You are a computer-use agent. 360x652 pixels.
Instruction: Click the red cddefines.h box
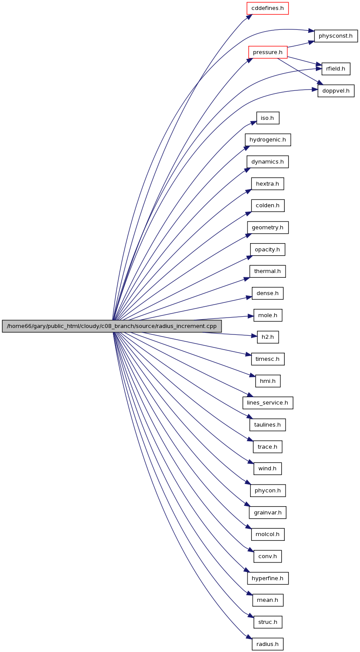pyautogui.click(x=267, y=8)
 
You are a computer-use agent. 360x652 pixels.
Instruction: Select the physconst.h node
pyautogui.click(x=336, y=36)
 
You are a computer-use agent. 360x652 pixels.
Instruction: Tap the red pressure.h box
pyautogui.click(x=268, y=52)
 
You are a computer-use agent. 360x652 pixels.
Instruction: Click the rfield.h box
pyautogui.click(x=336, y=69)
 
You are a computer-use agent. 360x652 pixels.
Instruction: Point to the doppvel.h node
pyautogui.click(x=336, y=91)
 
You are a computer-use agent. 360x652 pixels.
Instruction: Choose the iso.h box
pyautogui.click(x=267, y=118)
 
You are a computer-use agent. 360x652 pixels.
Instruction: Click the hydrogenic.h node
pyautogui.click(x=267, y=140)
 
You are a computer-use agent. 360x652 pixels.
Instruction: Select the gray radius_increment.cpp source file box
pyautogui.click(x=112, y=326)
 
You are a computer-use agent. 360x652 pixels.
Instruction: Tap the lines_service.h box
pyautogui.click(x=267, y=402)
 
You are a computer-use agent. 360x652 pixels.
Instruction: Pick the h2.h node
pyautogui.click(x=267, y=337)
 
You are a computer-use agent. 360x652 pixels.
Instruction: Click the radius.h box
pyautogui.click(x=267, y=644)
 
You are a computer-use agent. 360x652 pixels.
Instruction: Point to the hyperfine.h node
pyautogui.click(x=267, y=578)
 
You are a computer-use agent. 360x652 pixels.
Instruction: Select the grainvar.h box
pyautogui.click(x=267, y=512)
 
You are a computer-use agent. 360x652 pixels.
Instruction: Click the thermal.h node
pyautogui.click(x=267, y=271)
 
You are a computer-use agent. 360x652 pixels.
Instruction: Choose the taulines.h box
pyautogui.click(x=267, y=425)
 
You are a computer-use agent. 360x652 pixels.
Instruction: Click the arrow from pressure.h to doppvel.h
pyautogui.click(x=300, y=72)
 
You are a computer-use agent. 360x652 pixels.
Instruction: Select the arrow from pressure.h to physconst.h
pyautogui.click(x=301, y=44)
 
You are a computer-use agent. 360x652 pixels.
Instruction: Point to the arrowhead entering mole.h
pyautogui.click(x=251, y=316)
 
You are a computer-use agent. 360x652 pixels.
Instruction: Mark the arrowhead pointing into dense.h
pyautogui.click(x=249, y=297)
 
